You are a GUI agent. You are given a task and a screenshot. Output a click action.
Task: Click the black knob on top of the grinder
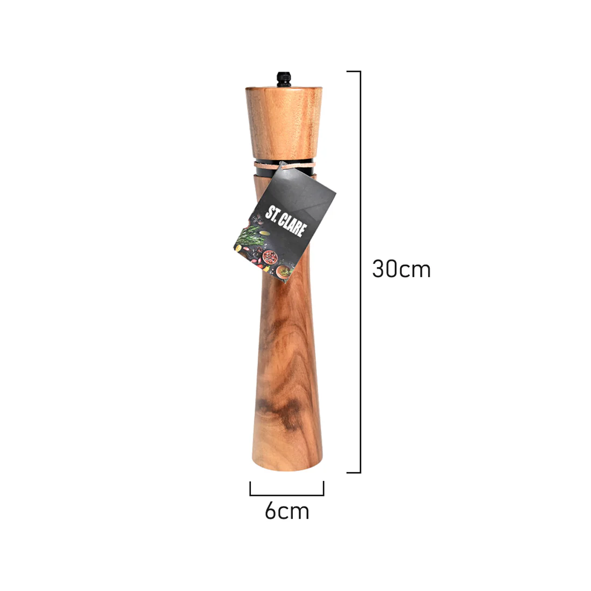(284, 79)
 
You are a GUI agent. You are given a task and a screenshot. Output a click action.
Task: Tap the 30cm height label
(401, 269)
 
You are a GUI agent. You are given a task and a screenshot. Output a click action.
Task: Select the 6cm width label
(287, 511)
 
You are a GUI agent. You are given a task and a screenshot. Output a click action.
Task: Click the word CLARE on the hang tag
(293, 226)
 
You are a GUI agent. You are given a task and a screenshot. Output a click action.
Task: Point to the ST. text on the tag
(272, 213)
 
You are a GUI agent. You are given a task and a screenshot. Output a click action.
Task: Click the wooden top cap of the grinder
(284, 122)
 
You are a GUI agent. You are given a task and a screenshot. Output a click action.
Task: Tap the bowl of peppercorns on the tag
(270, 257)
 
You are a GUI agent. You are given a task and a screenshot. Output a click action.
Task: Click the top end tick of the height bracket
(354, 71)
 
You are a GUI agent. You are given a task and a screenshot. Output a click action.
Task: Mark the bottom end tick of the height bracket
(354, 472)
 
